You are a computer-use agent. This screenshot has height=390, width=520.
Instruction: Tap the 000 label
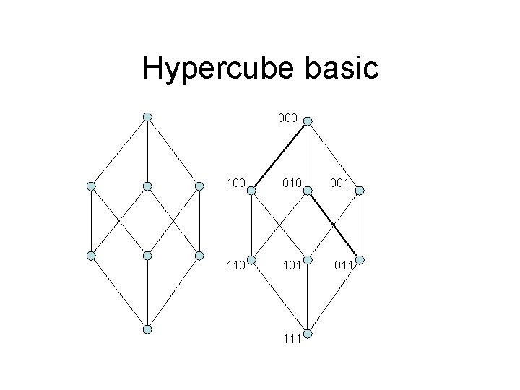coord(287,116)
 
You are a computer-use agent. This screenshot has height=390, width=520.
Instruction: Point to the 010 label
coord(292,185)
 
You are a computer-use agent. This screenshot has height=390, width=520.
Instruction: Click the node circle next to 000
coord(307,121)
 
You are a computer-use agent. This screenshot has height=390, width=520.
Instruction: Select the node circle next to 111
coord(307,334)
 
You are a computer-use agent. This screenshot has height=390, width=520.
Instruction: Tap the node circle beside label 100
coord(251,191)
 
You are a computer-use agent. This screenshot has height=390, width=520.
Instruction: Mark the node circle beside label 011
coord(361,260)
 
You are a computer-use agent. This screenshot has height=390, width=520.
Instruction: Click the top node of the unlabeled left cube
coord(147,117)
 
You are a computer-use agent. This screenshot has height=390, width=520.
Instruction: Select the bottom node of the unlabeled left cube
coord(147,329)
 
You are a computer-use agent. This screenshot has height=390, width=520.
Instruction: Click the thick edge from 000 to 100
coord(279,156)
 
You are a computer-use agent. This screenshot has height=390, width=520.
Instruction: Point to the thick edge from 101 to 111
coord(307,296)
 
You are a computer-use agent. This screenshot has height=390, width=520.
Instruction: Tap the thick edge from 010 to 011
coord(334,225)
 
